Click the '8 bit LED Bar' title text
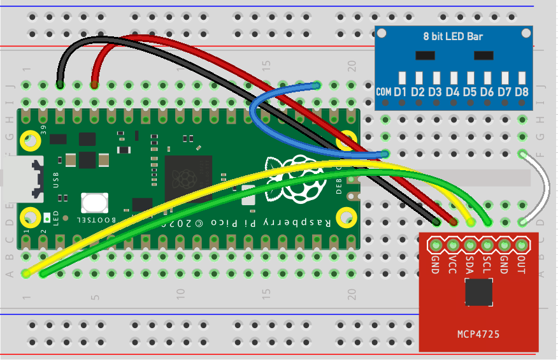tap(453, 36)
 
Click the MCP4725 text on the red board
tap(478, 334)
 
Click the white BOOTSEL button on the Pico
tap(94, 203)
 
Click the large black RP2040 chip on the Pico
tap(189, 178)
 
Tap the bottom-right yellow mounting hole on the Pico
tap(347, 217)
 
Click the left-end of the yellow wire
tap(26, 273)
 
